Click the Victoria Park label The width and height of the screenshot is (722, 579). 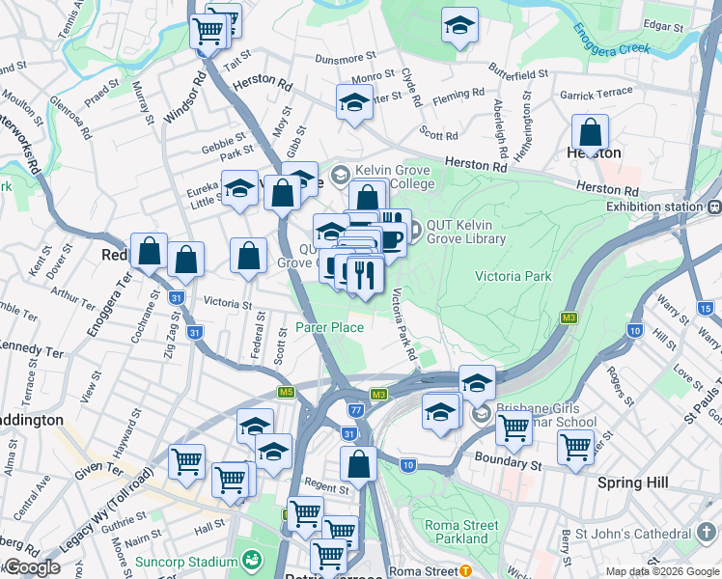tap(513, 276)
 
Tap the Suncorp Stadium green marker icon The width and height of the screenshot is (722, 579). tap(252, 560)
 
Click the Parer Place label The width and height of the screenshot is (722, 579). tap(329, 327)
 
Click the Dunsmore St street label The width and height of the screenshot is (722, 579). tap(348, 59)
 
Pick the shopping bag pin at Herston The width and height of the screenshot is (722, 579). tap(590, 132)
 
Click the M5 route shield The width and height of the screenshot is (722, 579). tap(286, 392)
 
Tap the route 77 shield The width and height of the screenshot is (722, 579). tap(356, 410)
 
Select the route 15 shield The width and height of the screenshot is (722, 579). tap(706, 308)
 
